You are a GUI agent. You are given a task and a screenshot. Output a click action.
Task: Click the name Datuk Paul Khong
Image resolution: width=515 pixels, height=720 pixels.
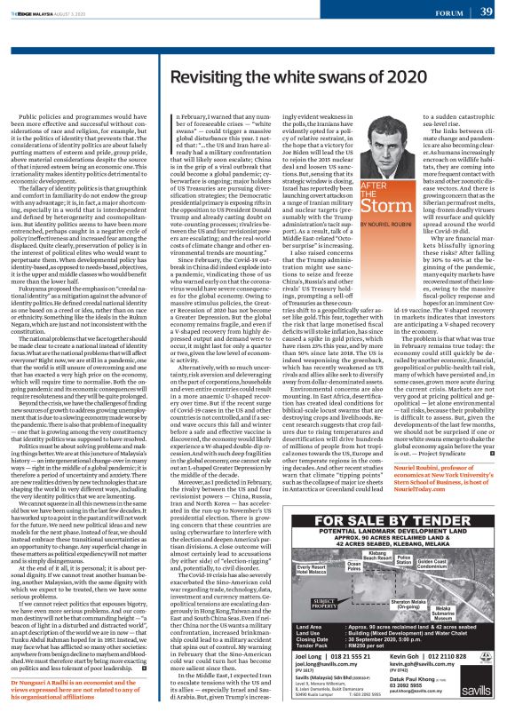[x=426, y=688]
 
